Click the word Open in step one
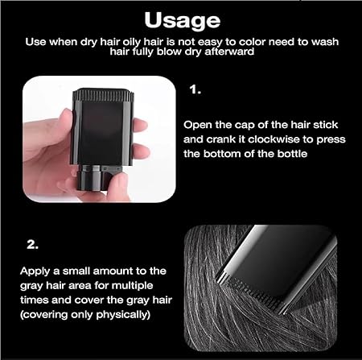coord(197,124)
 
